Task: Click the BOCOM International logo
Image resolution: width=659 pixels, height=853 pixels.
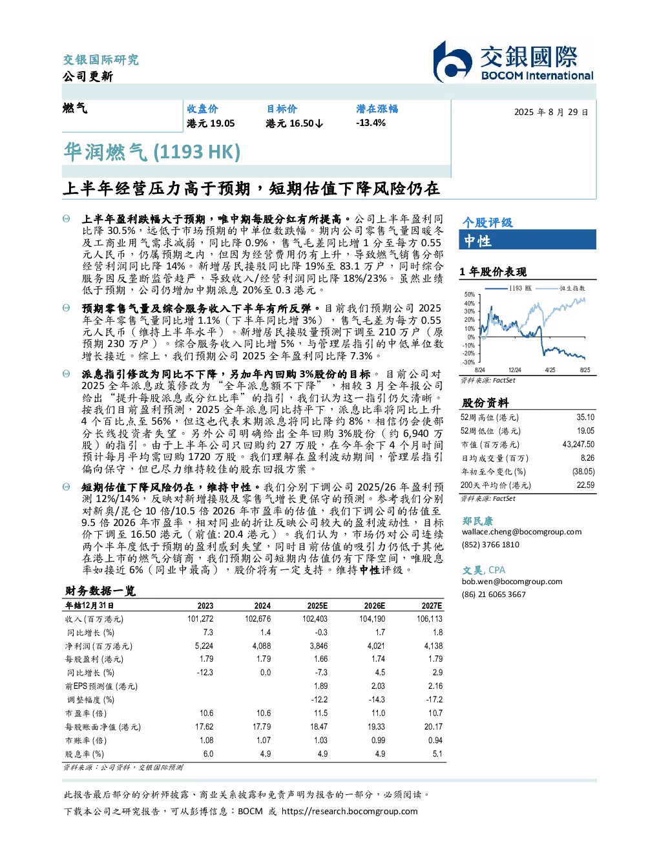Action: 513,61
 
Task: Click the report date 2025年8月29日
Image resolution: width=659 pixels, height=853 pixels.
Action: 551,112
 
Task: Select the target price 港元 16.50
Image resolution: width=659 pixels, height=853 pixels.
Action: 290,123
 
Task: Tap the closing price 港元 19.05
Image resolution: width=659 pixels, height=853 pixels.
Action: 211,123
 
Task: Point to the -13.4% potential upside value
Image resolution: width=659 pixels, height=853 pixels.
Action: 370,123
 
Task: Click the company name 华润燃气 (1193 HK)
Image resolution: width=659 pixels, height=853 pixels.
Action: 152,152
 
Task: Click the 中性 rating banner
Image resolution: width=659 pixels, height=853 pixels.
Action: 527,240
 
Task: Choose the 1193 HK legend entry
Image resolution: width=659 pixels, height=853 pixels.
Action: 508,288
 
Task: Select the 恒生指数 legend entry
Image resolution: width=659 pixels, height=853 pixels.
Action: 560,288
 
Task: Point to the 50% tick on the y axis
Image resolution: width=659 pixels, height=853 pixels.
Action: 470,295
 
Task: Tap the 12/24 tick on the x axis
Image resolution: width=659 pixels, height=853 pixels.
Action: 514,370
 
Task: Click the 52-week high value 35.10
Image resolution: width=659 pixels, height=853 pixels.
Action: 585,417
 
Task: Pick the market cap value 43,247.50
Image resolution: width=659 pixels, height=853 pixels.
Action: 578,445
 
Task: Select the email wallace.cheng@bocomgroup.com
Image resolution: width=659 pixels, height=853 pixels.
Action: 521,532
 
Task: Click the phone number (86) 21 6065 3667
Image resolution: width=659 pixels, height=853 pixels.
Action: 494,595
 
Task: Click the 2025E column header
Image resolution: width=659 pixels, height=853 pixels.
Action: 317,606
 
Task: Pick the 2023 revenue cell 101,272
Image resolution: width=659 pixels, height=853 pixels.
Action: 200,619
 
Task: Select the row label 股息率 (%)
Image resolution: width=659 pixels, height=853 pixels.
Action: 85,754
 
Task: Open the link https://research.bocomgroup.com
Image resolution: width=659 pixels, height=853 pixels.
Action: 350,812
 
